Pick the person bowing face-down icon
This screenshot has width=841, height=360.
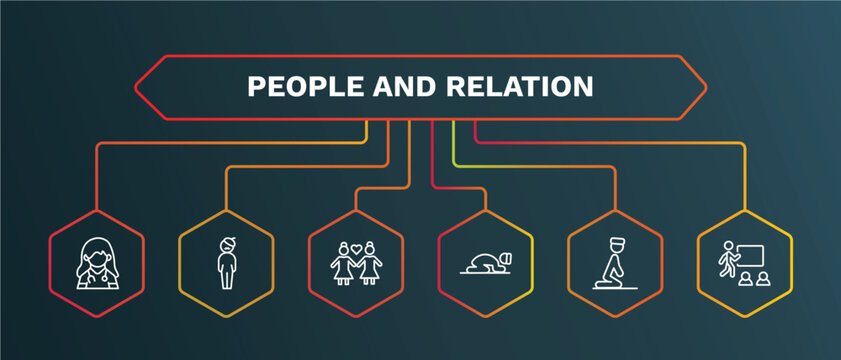(486, 263)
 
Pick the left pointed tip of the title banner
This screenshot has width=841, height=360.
(137, 87)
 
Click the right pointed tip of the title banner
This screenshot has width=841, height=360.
(706, 87)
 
